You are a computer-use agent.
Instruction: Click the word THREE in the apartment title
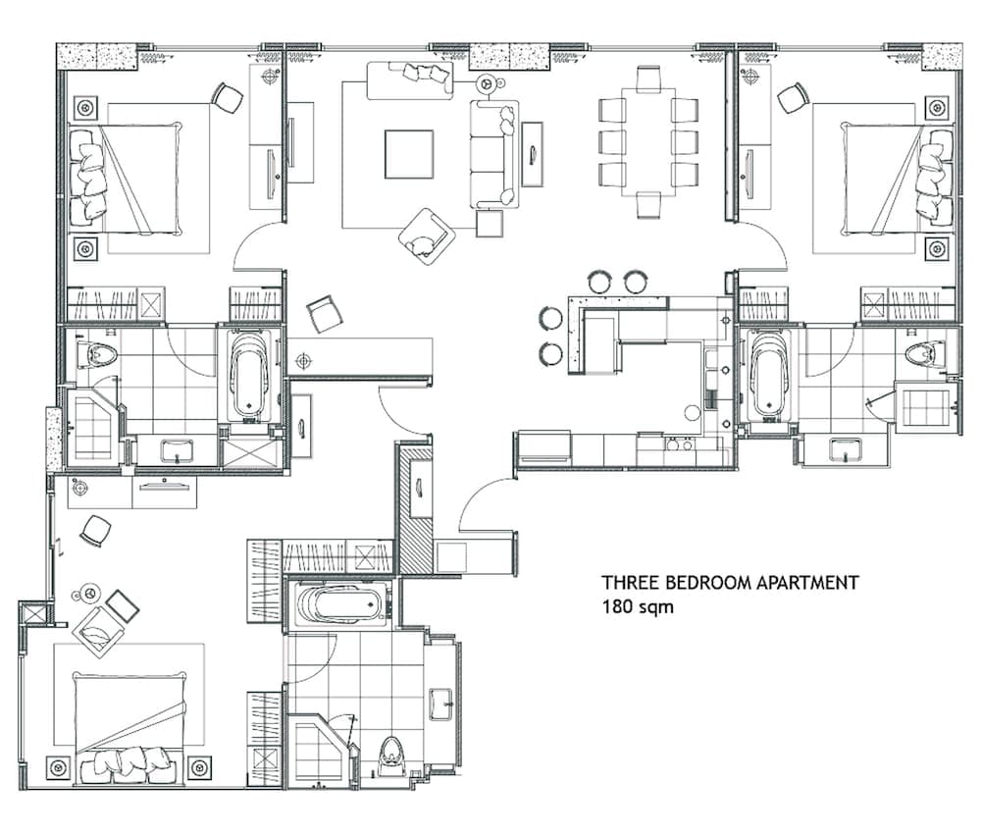click(626, 583)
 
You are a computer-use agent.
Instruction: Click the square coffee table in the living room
click(409, 154)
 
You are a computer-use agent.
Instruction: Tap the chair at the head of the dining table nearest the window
click(647, 78)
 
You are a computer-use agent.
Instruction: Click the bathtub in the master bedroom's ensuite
click(338, 605)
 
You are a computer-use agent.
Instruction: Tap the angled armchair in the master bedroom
click(98, 634)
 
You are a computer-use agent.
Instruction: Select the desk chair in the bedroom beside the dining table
click(793, 97)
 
